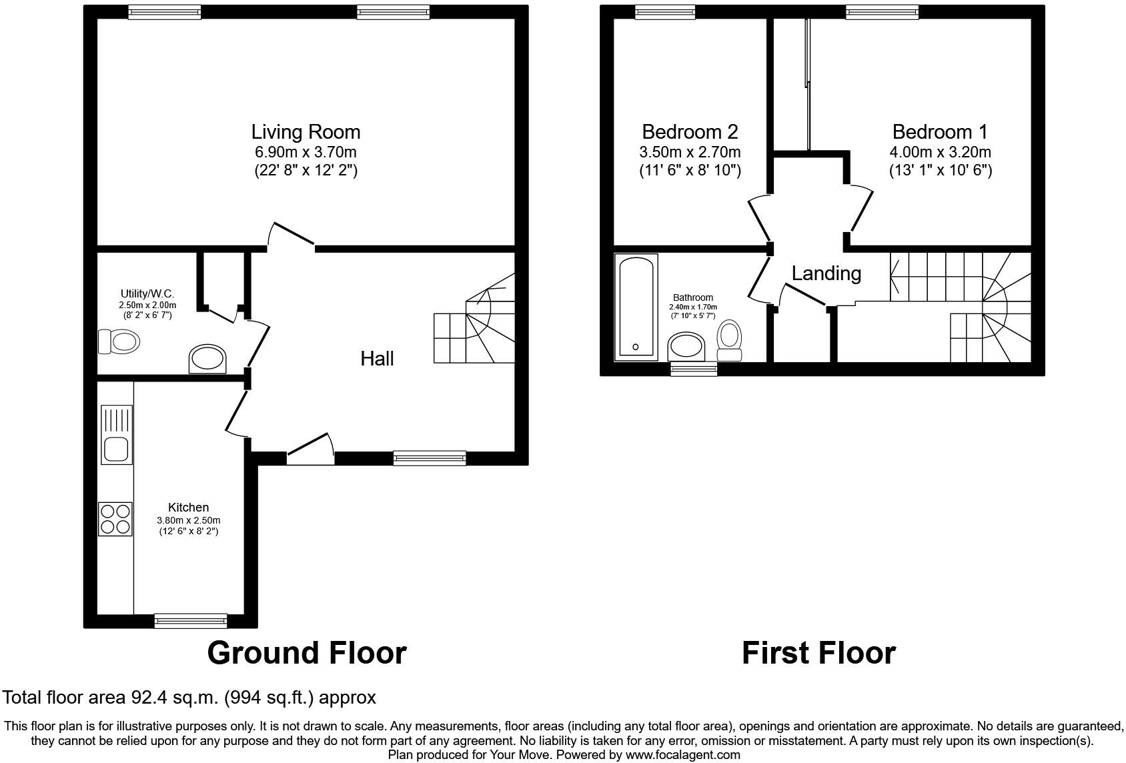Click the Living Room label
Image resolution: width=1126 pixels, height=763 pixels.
306,132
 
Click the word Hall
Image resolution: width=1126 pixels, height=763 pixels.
377,359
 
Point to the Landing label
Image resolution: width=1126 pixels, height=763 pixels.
826,273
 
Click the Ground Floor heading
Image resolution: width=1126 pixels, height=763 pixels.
307,653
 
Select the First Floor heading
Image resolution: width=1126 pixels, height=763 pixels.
818,653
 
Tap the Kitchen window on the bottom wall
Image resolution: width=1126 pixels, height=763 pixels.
190,621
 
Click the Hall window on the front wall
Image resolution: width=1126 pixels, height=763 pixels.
429,458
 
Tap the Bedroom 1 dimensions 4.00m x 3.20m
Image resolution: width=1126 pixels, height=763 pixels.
940,152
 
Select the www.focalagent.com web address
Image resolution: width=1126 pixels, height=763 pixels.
682,755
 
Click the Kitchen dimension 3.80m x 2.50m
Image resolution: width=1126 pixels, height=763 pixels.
188,520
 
